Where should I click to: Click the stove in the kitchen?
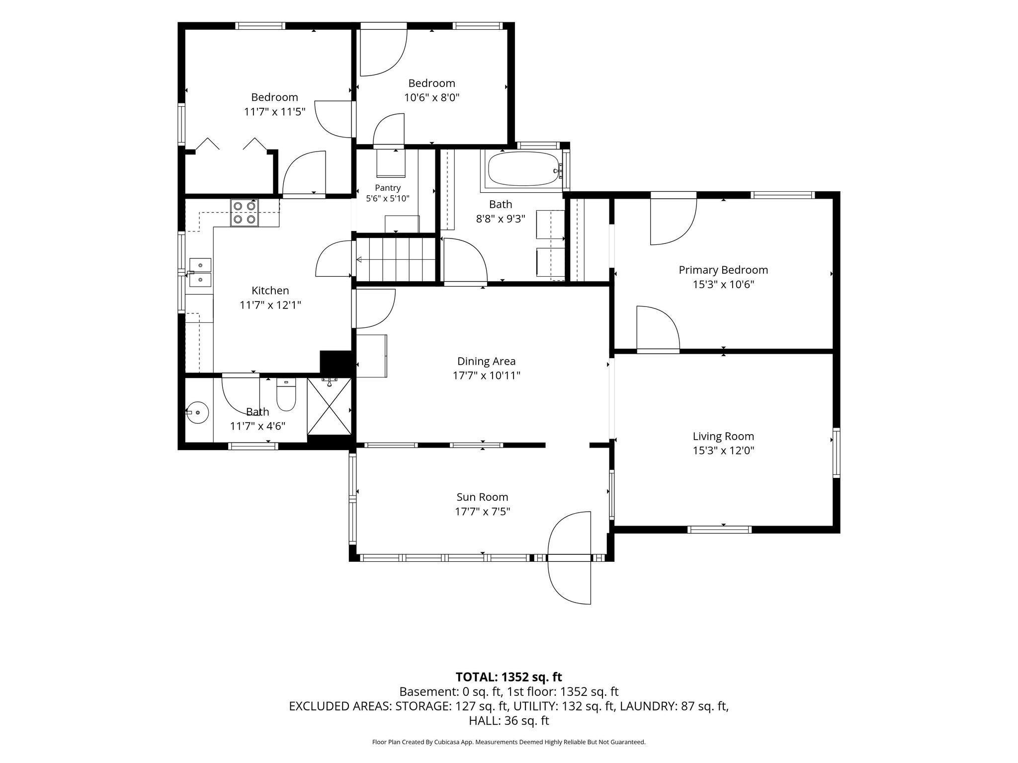(245, 213)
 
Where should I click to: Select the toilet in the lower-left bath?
(286, 394)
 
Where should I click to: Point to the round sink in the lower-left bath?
(197, 412)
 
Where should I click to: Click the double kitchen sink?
(200, 273)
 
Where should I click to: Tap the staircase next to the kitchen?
(396, 259)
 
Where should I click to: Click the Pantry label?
(388, 188)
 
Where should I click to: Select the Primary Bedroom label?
(723, 270)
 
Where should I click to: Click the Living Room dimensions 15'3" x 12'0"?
(723, 451)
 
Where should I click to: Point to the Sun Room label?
(482, 497)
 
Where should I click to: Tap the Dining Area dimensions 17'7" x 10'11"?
(486, 376)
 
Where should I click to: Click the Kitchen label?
(270, 291)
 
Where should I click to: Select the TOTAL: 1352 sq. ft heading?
(509, 677)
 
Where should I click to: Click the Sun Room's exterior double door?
(570, 558)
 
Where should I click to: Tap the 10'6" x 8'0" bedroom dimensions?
(431, 97)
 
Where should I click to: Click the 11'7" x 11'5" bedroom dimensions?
(274, 111)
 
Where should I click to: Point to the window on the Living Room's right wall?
(837, 453)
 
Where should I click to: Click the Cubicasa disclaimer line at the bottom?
(509, 742)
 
